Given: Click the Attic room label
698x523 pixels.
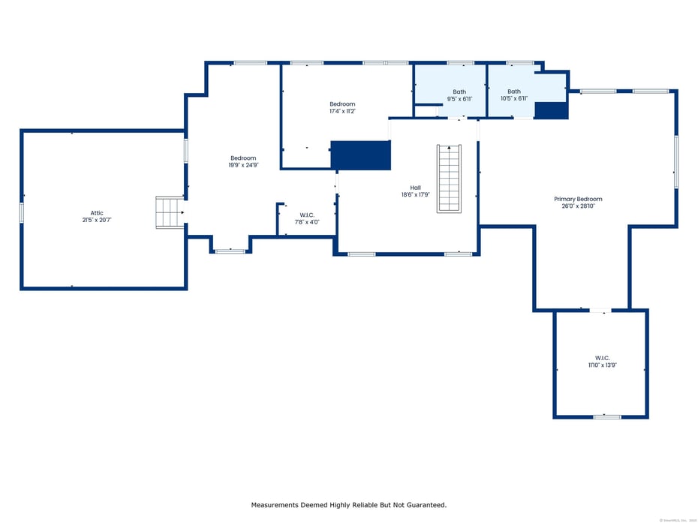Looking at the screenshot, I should click(x=97, y=213).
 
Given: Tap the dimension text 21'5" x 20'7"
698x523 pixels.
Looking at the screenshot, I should click(x=97, y=220).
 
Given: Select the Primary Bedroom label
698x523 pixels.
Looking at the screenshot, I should click(x=578, y=199).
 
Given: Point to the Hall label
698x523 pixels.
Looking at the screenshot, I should click(x=415, y=188).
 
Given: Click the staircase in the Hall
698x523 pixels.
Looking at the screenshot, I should click(x=449, y=179).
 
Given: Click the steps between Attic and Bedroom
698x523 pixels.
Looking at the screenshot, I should click(x=170, y=212).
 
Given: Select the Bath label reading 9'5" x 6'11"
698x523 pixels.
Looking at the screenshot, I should click(x=459, y=92).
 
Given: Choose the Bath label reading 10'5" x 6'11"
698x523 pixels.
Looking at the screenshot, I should click(x=514, y=92).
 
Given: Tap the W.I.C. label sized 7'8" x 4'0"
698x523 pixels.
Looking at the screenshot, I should click(x=306, y=215).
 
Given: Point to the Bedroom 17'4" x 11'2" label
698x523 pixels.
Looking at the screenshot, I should click(x=342, y=104).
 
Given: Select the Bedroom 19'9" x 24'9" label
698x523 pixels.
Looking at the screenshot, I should click(x=243, y=158).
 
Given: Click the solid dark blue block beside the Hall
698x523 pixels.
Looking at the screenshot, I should click(x=361, y=155).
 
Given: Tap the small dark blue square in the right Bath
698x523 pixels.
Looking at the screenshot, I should click(x=551, y=110).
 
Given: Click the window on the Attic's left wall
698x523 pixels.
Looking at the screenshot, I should click(x=22, y=213).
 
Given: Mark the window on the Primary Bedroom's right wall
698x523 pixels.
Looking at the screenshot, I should click(x=675, y=161).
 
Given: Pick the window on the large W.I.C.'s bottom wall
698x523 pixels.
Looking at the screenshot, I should click(x=606, y=416).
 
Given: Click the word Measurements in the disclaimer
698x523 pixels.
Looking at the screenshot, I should click(x=276, y=505).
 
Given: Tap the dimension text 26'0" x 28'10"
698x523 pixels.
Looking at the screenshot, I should click(x=578, y=206).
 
